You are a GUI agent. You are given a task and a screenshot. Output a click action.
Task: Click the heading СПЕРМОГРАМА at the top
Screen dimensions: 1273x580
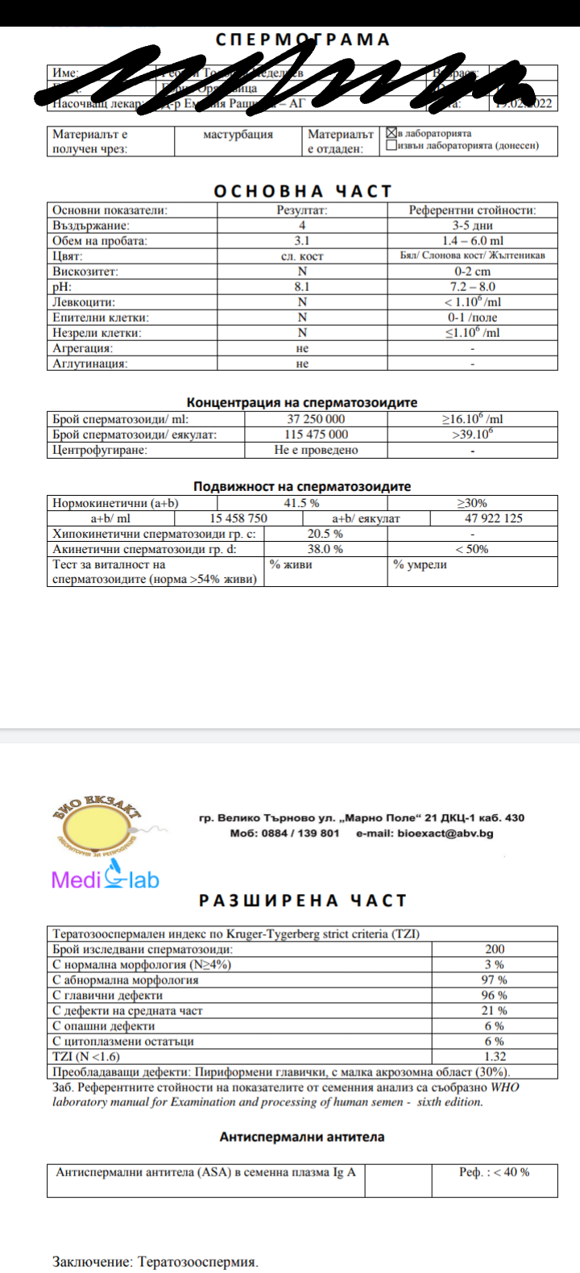[302, 40]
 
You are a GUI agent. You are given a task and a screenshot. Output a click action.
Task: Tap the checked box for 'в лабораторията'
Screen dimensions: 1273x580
[391, 133]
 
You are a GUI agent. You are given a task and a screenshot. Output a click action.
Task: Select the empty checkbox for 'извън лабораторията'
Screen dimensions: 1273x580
[391, 146]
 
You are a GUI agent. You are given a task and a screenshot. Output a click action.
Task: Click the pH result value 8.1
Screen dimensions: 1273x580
[302, 287]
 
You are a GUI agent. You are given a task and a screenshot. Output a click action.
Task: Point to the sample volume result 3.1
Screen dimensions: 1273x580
[302, 241]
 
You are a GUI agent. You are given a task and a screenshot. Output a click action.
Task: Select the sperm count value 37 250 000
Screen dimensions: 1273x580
[316, 419]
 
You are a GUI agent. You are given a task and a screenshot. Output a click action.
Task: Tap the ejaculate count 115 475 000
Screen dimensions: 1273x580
[316, 435]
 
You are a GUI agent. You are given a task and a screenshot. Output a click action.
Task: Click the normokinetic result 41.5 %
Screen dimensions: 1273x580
[301, 503]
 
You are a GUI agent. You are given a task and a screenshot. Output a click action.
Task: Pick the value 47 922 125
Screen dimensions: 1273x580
[493, 518]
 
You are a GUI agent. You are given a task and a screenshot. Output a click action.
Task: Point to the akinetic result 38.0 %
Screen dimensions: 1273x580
[325, 549]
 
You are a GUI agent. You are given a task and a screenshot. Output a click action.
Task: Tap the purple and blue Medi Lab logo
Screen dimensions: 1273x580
[106, 876]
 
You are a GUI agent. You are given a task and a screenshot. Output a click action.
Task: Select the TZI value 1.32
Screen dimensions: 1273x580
[494, 1057]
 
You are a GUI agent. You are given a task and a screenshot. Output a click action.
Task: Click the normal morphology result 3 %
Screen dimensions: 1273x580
[494, 965]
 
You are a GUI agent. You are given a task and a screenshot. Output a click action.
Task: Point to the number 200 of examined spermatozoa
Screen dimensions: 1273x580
[495, 950]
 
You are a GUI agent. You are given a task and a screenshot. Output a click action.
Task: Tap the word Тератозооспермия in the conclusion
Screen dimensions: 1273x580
[198, 1262]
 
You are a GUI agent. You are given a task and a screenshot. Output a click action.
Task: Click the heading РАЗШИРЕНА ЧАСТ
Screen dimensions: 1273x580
[303, 901]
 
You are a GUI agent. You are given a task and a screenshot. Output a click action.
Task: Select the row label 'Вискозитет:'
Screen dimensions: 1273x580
[85, 272]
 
